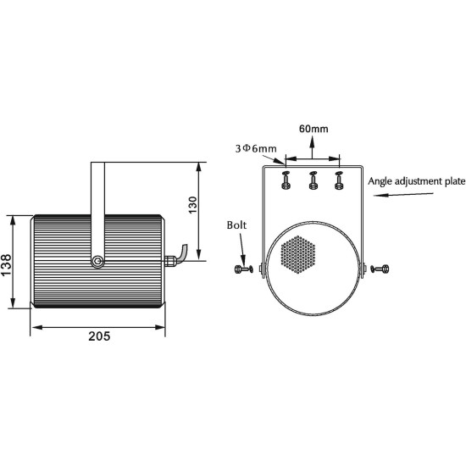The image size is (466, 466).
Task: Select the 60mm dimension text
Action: pos(313,130)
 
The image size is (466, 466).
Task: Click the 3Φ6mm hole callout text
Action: pos(257,148)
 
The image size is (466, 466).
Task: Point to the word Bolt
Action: pos(238,225)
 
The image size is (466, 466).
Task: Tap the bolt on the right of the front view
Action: pos(381,269)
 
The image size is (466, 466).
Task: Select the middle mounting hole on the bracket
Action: pos(313,180)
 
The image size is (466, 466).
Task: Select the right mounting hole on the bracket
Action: pos(340,180)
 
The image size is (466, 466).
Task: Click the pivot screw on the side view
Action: pos(98,262)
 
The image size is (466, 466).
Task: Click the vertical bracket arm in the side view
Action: pos(96,203)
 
